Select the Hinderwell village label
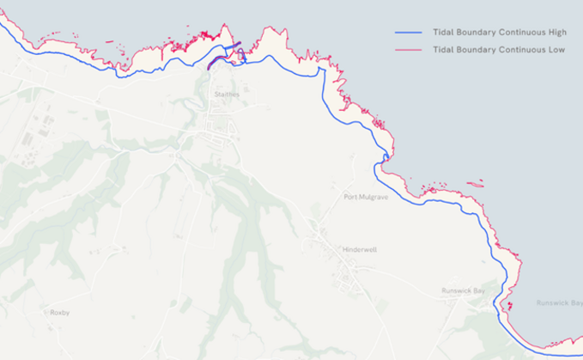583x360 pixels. coord(359,250)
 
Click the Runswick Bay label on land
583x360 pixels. coord(464,291)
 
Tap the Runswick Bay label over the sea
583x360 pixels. coord(559,303)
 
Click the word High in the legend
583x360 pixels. coord(556,33)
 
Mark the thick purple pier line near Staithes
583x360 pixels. coord(224,54)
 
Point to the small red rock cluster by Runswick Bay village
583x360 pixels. coord(510,305)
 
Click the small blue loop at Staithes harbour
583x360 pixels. coord(241,57)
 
